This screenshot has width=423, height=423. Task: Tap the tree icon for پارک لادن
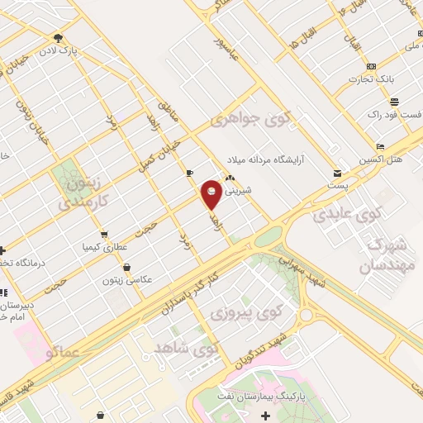(x=57, y=37)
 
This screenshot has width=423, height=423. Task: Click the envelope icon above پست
(x=337, y=173)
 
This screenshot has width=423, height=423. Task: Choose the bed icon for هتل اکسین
(x=380, y=145)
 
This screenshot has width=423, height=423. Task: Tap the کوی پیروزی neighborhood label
(x=240, y=314)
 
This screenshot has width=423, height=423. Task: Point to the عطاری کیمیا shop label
(x=103, y=246)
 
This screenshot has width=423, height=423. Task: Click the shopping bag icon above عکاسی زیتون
(x=126, y=268)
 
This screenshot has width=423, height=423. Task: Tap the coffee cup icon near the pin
(x=190, y=173)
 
